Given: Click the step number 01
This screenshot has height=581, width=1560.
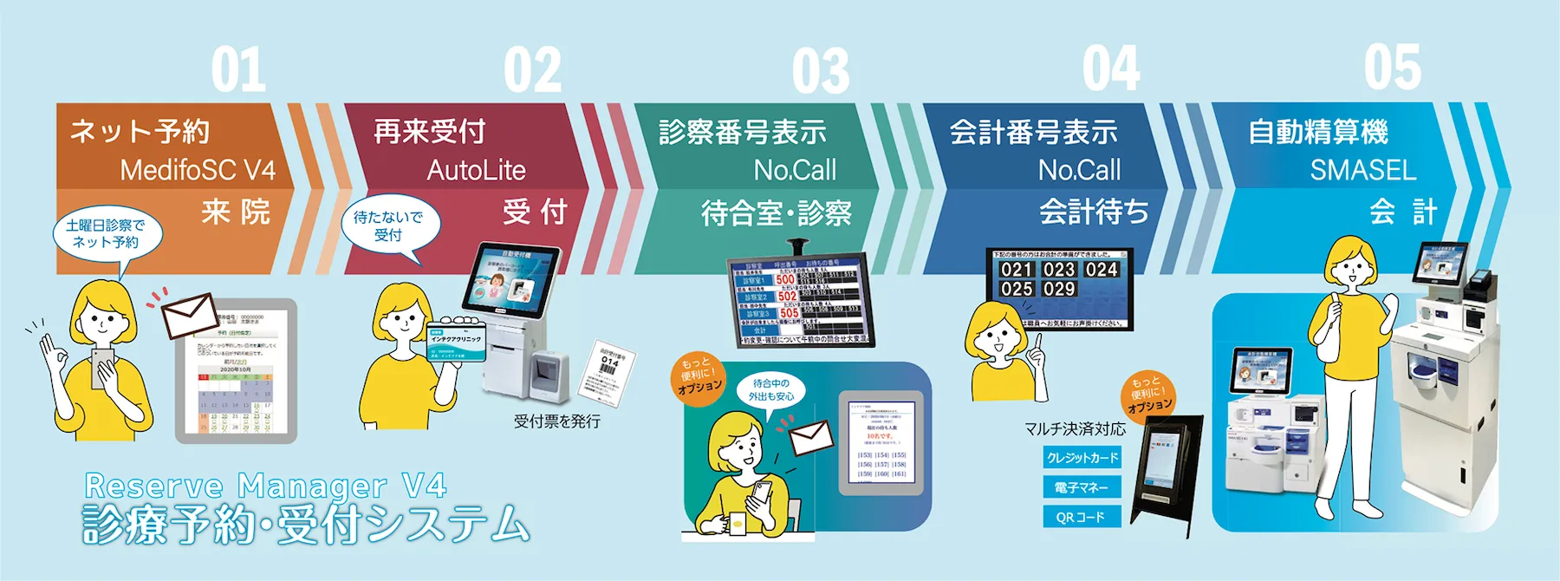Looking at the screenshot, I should coord(238,69).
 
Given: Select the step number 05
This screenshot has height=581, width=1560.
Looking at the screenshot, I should coord(1393,68).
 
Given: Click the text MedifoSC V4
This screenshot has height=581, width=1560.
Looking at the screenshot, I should coord(198,170).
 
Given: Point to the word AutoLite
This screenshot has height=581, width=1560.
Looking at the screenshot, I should coord(476,170).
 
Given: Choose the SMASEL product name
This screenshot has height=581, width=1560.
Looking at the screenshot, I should coord(1362,170).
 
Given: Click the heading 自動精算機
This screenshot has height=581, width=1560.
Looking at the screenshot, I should coord(1317,132).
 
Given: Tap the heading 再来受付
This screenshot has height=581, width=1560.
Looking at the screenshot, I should coord(429,132).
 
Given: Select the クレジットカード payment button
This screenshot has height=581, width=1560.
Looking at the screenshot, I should coord(1082,457).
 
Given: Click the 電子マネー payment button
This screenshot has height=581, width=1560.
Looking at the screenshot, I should coord(1082,487).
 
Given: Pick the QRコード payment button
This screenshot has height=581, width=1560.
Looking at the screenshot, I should coord(1082,517).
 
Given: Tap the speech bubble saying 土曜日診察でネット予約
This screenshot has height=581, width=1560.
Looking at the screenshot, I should coord(106,233).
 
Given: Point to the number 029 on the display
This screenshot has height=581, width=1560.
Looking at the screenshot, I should coord(1059,289).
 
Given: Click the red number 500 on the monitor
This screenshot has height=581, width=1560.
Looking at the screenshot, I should coord(785,280).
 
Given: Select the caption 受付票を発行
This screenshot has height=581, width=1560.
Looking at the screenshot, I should coord(556,421).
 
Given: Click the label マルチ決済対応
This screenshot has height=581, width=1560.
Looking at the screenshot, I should coord(1075,428).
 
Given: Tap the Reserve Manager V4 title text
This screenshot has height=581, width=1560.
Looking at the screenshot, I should coord(265,486).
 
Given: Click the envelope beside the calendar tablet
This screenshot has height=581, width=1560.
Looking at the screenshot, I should coord(190,315).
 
